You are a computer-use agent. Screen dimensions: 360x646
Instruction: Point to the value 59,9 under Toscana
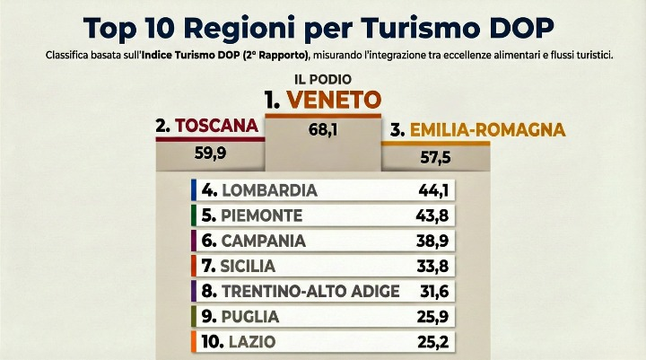click(x=212, y=153)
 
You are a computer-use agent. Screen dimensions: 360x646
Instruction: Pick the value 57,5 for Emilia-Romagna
click(x=436, y=157)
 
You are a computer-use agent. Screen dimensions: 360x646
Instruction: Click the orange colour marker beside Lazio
click(x=194, y=341)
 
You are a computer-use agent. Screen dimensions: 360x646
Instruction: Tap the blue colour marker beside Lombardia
click(x=194, y=190)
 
